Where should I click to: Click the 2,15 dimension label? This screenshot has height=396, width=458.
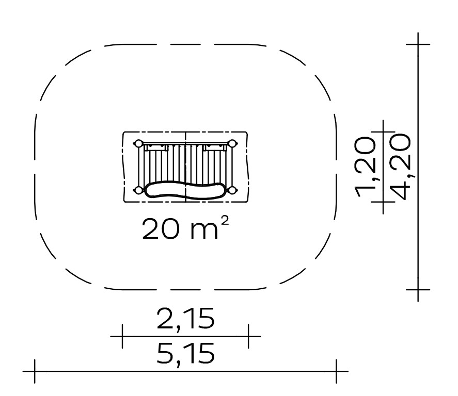pyautogui.click(x=185, y=319)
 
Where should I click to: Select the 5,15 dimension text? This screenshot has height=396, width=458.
pyautogui.click(x=186, y=353)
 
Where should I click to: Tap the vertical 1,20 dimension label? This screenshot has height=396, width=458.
pyautogui.click(x=365, y=167)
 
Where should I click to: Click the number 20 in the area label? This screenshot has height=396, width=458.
pyautogui.click(x=160, y=229)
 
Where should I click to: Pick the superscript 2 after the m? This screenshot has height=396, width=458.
pyautogui.click(x=224, y=221)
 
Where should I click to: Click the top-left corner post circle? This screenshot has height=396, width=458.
pyautogui.click(x=138, y=143)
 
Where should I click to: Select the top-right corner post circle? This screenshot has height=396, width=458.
pyautogui.click(x=232, y=143)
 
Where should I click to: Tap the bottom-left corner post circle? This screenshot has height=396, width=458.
pyautogui.click(x=138, y=190)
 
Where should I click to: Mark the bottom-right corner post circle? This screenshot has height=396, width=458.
pyautogui.click(x=232, y=190)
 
